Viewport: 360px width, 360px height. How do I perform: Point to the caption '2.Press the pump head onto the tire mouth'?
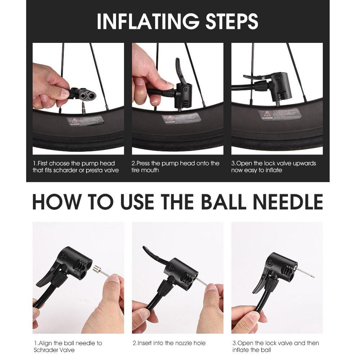(175, 167)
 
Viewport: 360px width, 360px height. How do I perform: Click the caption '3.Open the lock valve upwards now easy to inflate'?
(273, 167)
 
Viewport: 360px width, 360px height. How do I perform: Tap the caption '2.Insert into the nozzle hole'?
(169, 343)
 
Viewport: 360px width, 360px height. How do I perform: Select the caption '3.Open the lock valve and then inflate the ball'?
(275, 346)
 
